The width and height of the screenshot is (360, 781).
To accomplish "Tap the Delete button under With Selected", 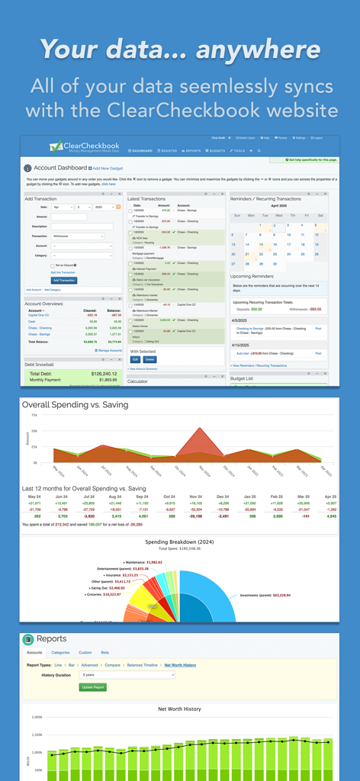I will point(149,358).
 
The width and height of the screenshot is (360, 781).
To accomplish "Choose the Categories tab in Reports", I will point(60,652).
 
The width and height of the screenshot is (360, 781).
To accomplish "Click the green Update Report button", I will point(93,686).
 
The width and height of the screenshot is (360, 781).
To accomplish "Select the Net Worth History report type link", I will point(180,664).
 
